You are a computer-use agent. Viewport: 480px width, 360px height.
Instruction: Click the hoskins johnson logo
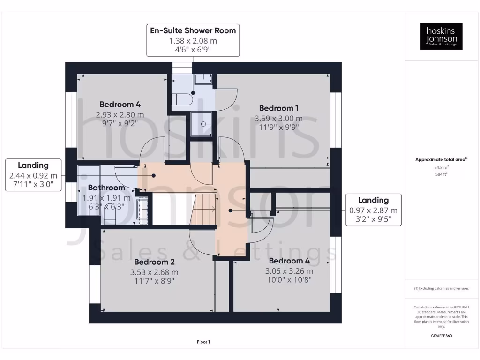point(441,36)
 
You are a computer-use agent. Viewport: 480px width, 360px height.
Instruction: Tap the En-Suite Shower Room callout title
point(193,31)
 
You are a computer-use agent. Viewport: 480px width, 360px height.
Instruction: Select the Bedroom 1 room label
point(278,108)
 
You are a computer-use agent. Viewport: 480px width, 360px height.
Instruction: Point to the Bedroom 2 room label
point(154,262)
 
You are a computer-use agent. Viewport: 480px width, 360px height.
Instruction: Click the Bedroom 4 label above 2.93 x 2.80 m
point(120,104)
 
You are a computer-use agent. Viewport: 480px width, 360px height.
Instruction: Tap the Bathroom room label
point(106,187)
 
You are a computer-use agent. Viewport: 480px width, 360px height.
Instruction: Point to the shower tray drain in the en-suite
point(203,124)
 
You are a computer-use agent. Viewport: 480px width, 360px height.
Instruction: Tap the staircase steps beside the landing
point(204,209)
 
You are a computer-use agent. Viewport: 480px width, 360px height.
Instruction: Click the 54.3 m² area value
point(441,167)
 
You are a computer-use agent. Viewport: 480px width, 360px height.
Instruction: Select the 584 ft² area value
point(441,174)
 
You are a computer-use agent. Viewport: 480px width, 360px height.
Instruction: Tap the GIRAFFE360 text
point(441,336)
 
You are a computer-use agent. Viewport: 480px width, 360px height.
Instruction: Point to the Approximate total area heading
point(441,160)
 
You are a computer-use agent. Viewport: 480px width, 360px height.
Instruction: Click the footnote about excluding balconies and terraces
point(441,288)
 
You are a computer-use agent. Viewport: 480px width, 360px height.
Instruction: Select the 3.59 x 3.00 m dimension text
point(278,119)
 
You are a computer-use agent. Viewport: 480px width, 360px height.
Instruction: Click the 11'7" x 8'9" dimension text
point(154,281)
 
